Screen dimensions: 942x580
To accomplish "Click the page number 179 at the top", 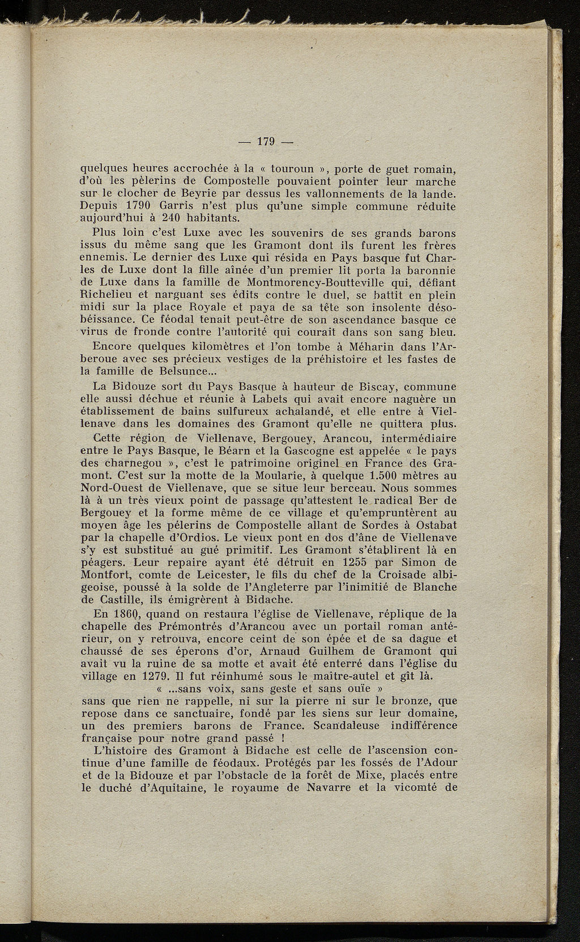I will [x=266, y=142].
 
